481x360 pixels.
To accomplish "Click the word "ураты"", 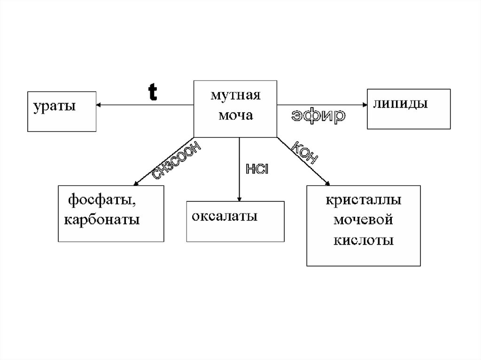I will [x=54, y=106].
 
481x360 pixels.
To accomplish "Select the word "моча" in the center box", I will [x=234, y=115].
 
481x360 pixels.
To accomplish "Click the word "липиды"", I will [x=401, y=104].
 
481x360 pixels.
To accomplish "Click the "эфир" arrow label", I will [x=318, y=116].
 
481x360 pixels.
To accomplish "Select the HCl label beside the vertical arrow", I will [x=256, y=169].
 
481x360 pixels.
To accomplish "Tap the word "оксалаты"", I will [x=225, y=217].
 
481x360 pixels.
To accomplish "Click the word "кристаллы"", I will [x=364, y=200].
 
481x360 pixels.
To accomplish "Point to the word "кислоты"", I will [x=364, y=240].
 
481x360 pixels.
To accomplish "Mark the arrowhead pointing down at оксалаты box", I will [x=239, y=199].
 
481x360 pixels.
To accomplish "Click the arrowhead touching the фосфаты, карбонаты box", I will [x=135, y=183].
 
